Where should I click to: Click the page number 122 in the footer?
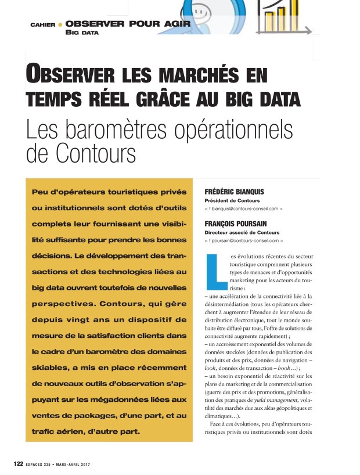(19, 463)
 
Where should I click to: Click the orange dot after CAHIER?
(60, 25)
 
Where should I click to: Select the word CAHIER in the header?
(42, 25)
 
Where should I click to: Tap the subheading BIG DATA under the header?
(82, 33)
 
